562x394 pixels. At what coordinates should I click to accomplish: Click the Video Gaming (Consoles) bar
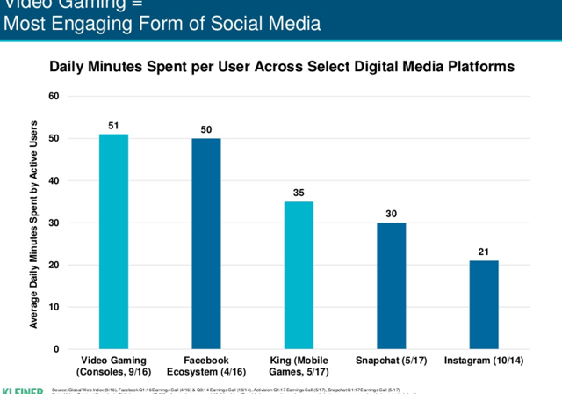coord(113,241)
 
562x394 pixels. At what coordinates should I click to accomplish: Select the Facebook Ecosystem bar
coord(206,244)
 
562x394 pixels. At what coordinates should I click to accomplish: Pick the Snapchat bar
coord(391,286)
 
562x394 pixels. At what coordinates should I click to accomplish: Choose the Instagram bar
coord(483,304)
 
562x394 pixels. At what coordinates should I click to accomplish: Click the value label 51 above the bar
coord(113,125)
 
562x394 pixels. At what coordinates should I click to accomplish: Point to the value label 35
coord(299,193)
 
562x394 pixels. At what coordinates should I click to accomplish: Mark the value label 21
coord(483,252)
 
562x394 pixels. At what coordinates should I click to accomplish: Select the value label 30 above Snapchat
coord(391,214)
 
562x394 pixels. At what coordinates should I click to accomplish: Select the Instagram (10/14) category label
coord(483,361)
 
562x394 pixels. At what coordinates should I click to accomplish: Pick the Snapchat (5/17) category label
coord(391,361)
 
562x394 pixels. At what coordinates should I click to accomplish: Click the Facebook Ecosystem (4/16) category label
coord(206,367)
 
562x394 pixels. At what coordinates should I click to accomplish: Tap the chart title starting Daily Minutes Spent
coord(281,66)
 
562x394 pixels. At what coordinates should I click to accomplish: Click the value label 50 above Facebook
coord(206,129)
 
